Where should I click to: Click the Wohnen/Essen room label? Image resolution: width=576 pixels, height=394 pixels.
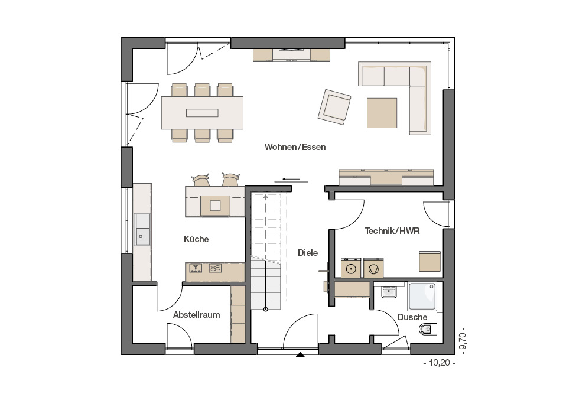pos(295,147)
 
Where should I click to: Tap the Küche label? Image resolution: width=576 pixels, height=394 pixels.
pos(196,239)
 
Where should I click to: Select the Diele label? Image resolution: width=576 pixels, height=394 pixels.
pos(308,253)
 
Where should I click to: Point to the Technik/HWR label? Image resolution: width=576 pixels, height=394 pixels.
pos(392,231)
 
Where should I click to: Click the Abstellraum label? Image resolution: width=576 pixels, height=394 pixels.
pos(197,315)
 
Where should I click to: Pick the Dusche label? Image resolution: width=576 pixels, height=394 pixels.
pos(412,317)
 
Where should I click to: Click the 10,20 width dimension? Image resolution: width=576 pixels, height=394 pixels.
pos(440,363)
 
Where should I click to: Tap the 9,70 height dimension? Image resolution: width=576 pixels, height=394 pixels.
pos(463,341)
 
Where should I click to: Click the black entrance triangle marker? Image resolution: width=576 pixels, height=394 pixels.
pos(301,354)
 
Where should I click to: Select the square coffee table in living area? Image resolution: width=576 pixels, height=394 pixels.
pos(382,113)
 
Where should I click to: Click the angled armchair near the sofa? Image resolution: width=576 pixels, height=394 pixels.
pos(334,107)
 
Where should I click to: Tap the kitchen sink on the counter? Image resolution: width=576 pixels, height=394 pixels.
pos(142,229)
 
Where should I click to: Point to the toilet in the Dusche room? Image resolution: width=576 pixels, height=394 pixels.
pos(426,330)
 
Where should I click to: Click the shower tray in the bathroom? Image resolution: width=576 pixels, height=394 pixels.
pos(422,297)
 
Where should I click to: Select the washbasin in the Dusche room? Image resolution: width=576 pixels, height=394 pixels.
pos(389,292)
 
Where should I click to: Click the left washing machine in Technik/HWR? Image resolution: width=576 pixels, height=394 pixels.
pos(351,268)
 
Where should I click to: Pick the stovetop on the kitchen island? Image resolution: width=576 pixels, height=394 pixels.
pos(215,206)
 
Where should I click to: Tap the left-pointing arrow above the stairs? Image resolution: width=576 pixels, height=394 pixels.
pos(291,180)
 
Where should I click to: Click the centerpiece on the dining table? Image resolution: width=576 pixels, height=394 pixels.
pos(202,113)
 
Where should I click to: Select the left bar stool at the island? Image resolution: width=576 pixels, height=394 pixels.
pos(201,180)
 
